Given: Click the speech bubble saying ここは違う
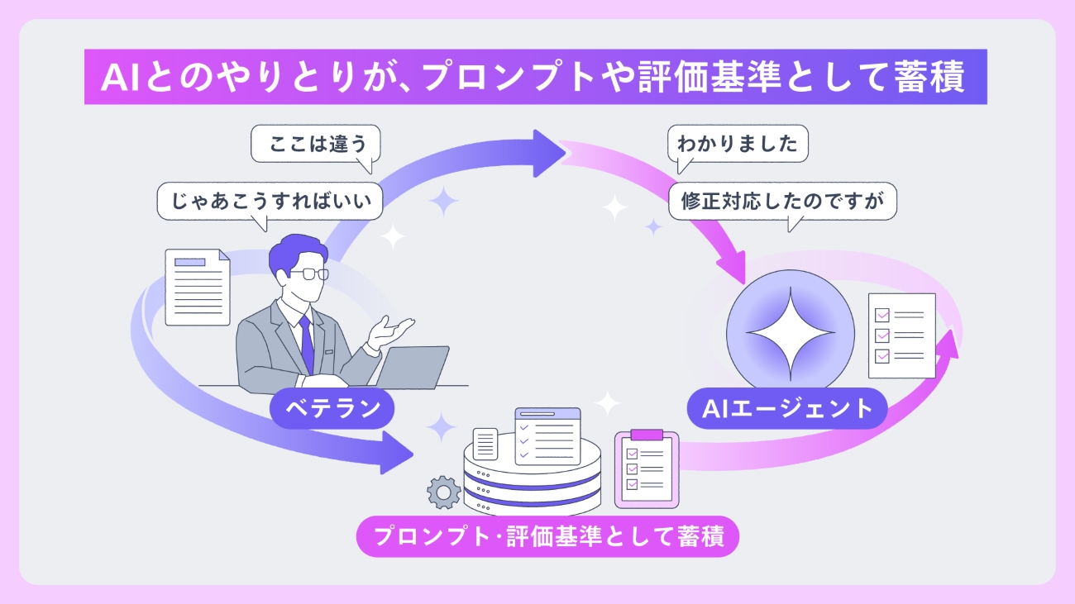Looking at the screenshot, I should [x=314, y=146].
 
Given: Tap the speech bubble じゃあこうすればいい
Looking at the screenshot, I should [x=270, y=201].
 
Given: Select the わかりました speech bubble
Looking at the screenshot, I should [x=738, y=145].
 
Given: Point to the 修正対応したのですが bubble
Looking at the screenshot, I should [x=782, y=201].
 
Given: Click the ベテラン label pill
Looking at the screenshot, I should [x=332, y=407].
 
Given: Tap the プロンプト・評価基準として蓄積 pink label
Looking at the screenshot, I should [x=547, y=537].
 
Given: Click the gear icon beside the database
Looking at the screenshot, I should [x=443, y=493].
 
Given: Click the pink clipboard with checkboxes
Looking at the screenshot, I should [x=646, y=468].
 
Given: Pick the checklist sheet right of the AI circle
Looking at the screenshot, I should [x=901, y=335].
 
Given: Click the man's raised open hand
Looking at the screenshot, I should [x=391, y=330].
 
